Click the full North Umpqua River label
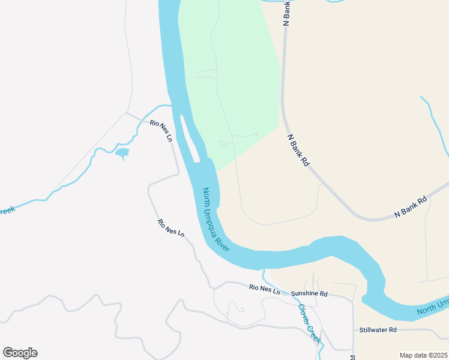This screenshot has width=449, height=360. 216,220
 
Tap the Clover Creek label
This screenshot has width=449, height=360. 310,320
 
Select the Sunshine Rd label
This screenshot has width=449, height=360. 309,294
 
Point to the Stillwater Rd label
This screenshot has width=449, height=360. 378,330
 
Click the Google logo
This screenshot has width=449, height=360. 20,352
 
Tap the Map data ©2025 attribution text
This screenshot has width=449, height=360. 424,355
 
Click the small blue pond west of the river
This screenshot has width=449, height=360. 122,153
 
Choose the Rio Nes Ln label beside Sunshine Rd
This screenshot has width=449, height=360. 265,289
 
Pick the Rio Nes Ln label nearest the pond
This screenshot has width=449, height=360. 161,130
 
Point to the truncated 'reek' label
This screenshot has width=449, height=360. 7,211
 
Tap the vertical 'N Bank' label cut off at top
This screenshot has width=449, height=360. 287,13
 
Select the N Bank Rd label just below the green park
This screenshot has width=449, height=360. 298,149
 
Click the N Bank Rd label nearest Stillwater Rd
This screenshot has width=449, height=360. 410,206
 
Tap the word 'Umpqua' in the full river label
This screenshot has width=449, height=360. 215,218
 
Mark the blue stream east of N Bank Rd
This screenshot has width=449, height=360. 436,120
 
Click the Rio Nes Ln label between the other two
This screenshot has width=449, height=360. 170,227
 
